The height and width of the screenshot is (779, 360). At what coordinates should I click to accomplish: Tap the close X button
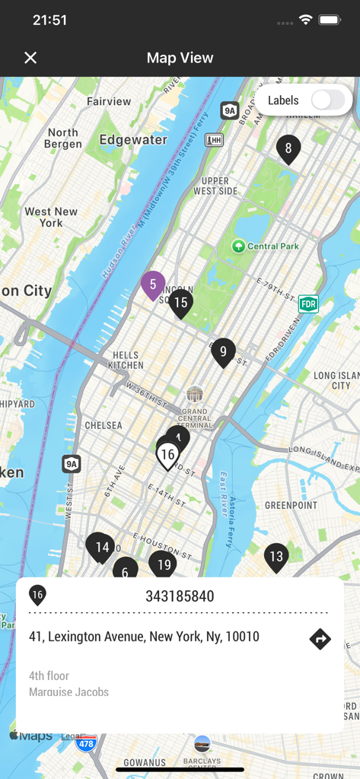coord(30,58)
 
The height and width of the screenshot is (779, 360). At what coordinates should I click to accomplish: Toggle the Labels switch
coord(328,100)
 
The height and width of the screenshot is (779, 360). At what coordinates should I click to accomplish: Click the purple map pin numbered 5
coord(153,285)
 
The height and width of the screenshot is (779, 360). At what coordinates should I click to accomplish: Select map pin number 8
coord(288,148)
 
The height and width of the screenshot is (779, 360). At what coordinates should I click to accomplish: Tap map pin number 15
coord(180,303)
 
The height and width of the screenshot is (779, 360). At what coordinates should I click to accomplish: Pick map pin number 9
coord(223,351)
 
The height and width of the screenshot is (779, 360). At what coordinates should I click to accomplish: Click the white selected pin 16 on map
coord(167,455)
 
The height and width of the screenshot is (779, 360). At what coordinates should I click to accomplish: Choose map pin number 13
coord(276,557)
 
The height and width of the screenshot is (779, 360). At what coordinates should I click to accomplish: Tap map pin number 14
coord(101,547)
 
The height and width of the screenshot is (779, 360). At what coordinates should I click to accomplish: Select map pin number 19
coord(162,564)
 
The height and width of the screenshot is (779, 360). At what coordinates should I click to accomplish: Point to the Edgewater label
coord(133,140)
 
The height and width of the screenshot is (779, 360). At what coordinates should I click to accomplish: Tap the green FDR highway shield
coord(308,304)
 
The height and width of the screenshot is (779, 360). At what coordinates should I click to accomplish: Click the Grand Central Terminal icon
coord(195,394)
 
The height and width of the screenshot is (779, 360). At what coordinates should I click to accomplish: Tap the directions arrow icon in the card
coord(320,639)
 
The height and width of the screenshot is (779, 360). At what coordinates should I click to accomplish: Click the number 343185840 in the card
coord(180,596)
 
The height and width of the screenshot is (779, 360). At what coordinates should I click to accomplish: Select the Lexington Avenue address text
coord(144,637)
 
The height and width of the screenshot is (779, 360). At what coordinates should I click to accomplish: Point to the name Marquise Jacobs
coord(68,692)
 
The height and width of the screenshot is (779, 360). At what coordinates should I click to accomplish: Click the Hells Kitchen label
coord(126,360)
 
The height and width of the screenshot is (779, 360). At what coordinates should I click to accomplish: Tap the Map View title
coord(180,58)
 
